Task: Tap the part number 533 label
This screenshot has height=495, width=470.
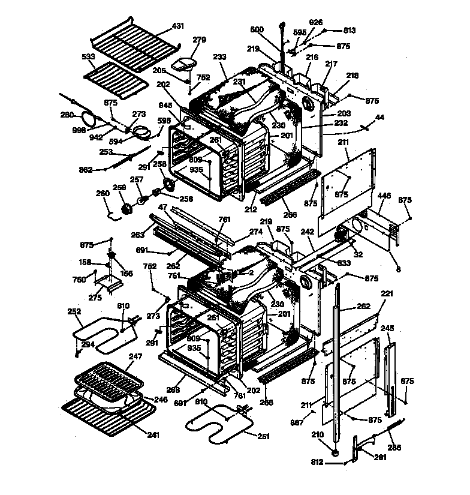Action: [x=89, y=56]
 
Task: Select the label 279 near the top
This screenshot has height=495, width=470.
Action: [x=199, y=40]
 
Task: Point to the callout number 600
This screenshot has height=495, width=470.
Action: [x=257, y=29]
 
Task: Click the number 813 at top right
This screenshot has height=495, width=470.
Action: [x=349, y=30]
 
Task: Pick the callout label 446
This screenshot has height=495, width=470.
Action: [x=384, y=196]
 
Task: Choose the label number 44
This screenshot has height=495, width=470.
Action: [x=379, y=118]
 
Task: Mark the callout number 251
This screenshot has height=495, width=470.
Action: [x=264, y=436]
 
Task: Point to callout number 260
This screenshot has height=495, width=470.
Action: [x=103, y=193]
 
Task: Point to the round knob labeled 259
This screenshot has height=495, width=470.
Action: [x=127, y=209]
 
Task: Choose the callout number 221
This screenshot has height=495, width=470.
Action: [x=388, y=294]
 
